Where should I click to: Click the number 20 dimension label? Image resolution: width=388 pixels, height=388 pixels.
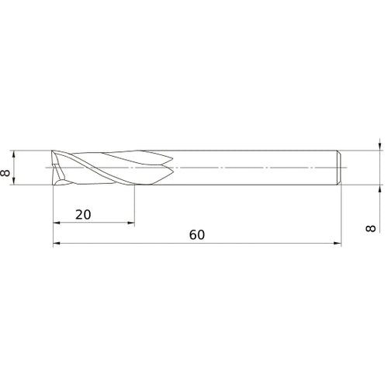[83, 215]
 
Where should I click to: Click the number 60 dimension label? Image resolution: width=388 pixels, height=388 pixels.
[197, 235]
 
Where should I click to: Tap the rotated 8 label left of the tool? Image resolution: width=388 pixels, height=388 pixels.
[5, 172]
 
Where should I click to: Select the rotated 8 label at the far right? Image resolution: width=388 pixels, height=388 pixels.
[370, 228]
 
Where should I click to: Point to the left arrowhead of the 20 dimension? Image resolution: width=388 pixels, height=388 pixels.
[57, 223]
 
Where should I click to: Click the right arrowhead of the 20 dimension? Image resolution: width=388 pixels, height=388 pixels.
[131, 223]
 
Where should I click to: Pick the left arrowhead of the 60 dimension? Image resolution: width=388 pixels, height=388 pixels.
[57, 243]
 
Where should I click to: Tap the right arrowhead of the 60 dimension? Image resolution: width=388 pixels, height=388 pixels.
[338, 243]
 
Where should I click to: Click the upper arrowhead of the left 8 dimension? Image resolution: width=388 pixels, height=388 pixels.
[14, 154]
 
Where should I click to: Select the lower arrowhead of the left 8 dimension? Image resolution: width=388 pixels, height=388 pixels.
[14, 182]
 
